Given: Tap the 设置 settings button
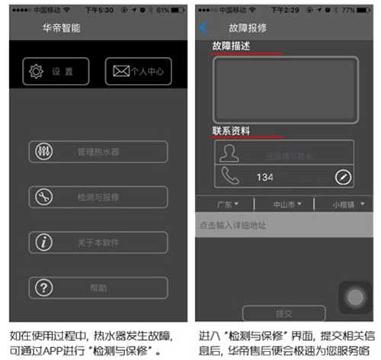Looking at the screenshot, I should pyautogui.click(x=56, y=72).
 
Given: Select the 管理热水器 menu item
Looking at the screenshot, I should pyautogui.click(x=98, y=152).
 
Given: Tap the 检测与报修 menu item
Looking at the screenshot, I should pyautogui.click(x=98, y=198).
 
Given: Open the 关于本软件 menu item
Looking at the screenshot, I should pyautogui.click(x=98, y=243).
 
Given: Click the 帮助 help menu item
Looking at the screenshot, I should pyautogui.click(x=98, y=288).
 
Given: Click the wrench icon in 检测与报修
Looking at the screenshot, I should pyautogui.click(x=43, y=198).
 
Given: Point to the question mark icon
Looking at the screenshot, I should pyautogui.click(x=43, y=288).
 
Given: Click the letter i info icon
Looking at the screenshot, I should pyautogui.click(x=43, y=243).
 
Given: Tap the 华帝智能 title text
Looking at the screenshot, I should pyautogui.click(x=62, y=28).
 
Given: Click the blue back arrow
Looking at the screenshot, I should pyautogui.click(x=203, y=27).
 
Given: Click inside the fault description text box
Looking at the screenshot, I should pyautogui.click(x=285, y=89).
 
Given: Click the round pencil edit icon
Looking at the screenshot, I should pyautogui.click(x=343, y=177).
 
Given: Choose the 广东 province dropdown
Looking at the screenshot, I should pyautogui.click(x=226, y=204).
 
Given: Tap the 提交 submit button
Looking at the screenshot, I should pyautogui.click(x=283, y=313).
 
